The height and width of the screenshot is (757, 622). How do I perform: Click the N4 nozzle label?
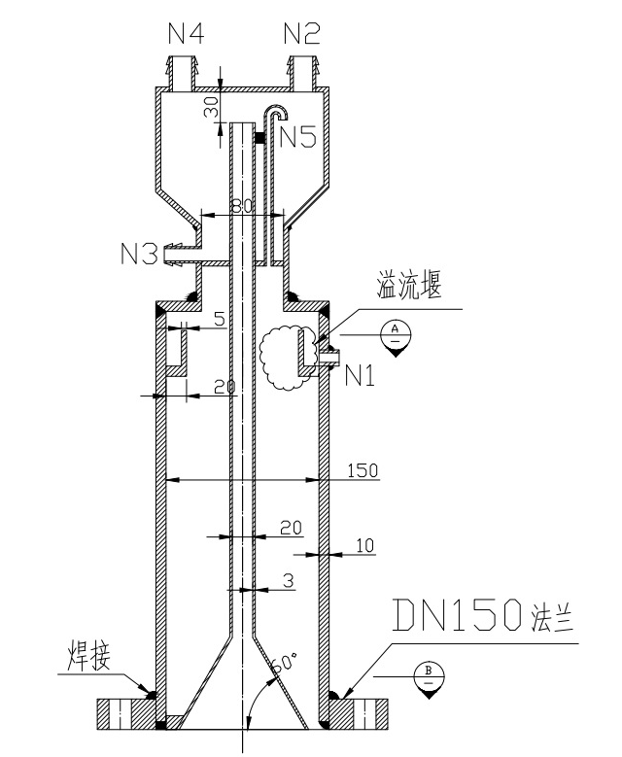point(186,34)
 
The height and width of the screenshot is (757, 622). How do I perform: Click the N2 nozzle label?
point(302,34)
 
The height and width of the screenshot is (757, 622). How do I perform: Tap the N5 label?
point(298,137)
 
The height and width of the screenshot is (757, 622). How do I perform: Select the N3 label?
point(139,254)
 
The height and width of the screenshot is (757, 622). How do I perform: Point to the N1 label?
point(361,376)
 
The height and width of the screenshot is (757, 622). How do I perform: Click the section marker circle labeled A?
point(396,335)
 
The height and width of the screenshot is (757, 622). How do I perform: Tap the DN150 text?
point(458,614)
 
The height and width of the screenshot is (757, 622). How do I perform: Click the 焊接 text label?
point(87,655)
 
